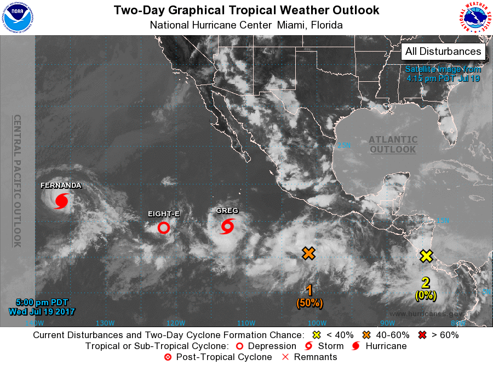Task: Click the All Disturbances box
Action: click(443, 52)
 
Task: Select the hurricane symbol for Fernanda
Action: click(61, 201)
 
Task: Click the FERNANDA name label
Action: click(61, 186)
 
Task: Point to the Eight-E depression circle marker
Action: click(163, 227)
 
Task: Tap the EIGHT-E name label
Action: click(163, 214)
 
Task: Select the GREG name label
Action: click(227, 211)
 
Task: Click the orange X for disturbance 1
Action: click(309, 253)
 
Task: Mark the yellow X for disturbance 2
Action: click(427, 256)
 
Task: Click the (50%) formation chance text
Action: click(309, 302)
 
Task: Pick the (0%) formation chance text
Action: click(426, 295)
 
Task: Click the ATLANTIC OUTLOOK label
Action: click(393, 145)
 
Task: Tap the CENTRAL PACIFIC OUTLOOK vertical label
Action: click(17, 181)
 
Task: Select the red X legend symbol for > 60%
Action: click(423, 335)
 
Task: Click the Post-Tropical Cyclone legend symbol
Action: click(168, 357)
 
